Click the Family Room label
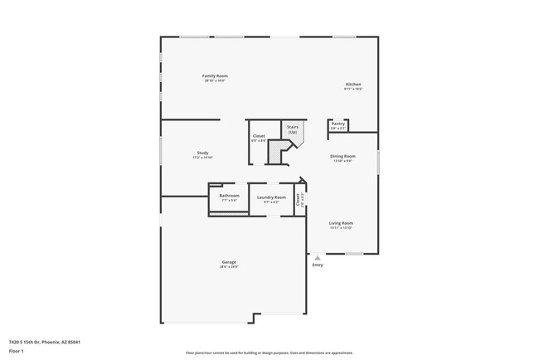(215, 75)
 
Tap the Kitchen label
(353, 85)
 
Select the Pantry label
(337, 124)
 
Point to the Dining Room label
(343, 156)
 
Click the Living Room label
(341, 222)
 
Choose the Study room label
(202, 153)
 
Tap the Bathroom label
(229, 196)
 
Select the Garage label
(229, 262)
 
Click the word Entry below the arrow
(317, 265)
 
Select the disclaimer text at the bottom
(269, 352)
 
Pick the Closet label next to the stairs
(259, 135)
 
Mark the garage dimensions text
(229, 267)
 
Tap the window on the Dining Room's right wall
(378, 162)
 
